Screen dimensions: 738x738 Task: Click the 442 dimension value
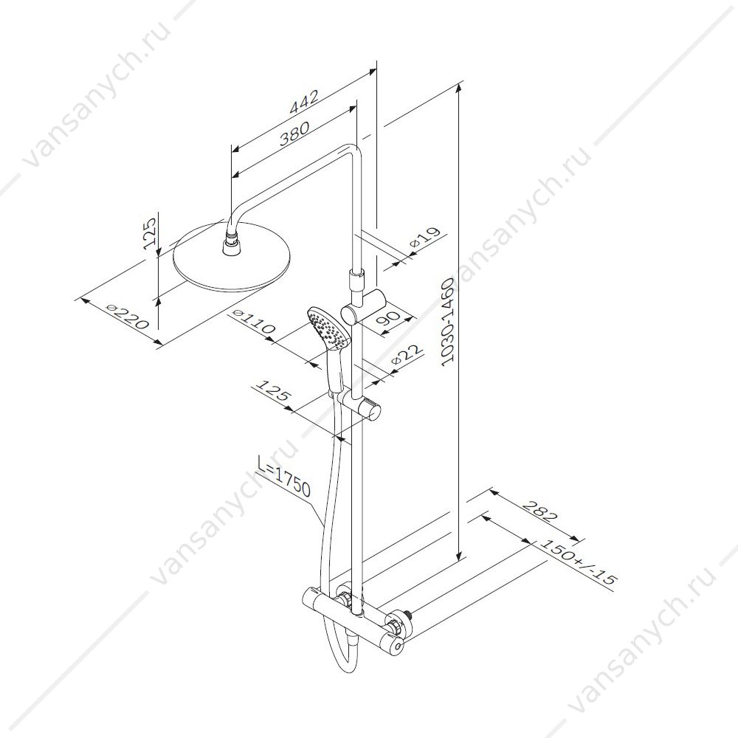(304, 102)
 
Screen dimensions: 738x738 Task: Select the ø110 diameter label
(254, 322)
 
